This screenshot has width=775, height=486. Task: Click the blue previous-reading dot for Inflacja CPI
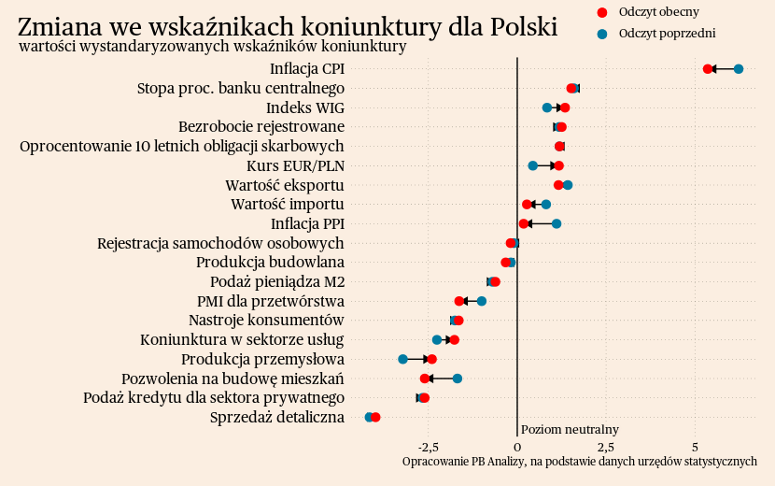739,69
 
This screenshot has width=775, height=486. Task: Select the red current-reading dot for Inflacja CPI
708,69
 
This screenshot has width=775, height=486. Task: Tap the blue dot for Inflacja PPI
557,223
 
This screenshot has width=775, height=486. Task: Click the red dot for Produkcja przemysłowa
431,359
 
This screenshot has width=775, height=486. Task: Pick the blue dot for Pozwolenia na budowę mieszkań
458,379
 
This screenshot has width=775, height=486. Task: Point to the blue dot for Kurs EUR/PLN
533,165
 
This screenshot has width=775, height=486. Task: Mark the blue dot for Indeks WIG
547,107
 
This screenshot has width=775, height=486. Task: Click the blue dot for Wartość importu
546,204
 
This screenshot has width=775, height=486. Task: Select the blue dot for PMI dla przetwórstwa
482,301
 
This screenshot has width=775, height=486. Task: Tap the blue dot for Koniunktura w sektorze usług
437,339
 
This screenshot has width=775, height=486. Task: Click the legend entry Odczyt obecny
658,11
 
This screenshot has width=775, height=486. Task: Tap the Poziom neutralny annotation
570,429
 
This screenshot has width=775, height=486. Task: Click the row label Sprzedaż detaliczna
277,417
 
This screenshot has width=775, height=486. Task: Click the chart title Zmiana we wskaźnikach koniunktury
288,26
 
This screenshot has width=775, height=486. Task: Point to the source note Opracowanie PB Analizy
579,462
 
